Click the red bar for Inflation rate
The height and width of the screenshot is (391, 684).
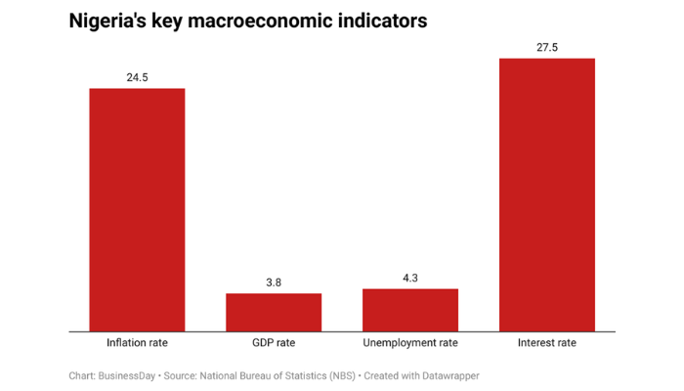[137, 209]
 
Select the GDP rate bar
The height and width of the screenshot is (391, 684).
[274, 312]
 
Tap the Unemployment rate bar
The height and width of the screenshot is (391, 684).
[409, 310]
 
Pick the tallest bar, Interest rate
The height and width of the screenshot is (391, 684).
[546, 195]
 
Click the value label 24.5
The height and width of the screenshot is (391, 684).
[137, 76]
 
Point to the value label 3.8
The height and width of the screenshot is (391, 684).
[274, 282]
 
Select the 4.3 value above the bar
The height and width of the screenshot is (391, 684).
[409, 278]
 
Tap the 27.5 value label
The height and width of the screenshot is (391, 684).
[546, 46]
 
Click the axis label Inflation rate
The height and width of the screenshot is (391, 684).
[137, 343]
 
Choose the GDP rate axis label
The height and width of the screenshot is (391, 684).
[274, 343]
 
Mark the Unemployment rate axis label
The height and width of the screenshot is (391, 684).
[409, 343]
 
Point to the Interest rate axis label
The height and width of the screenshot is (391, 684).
[546, 343]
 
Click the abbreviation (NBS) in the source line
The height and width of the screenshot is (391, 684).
[334, 375]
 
